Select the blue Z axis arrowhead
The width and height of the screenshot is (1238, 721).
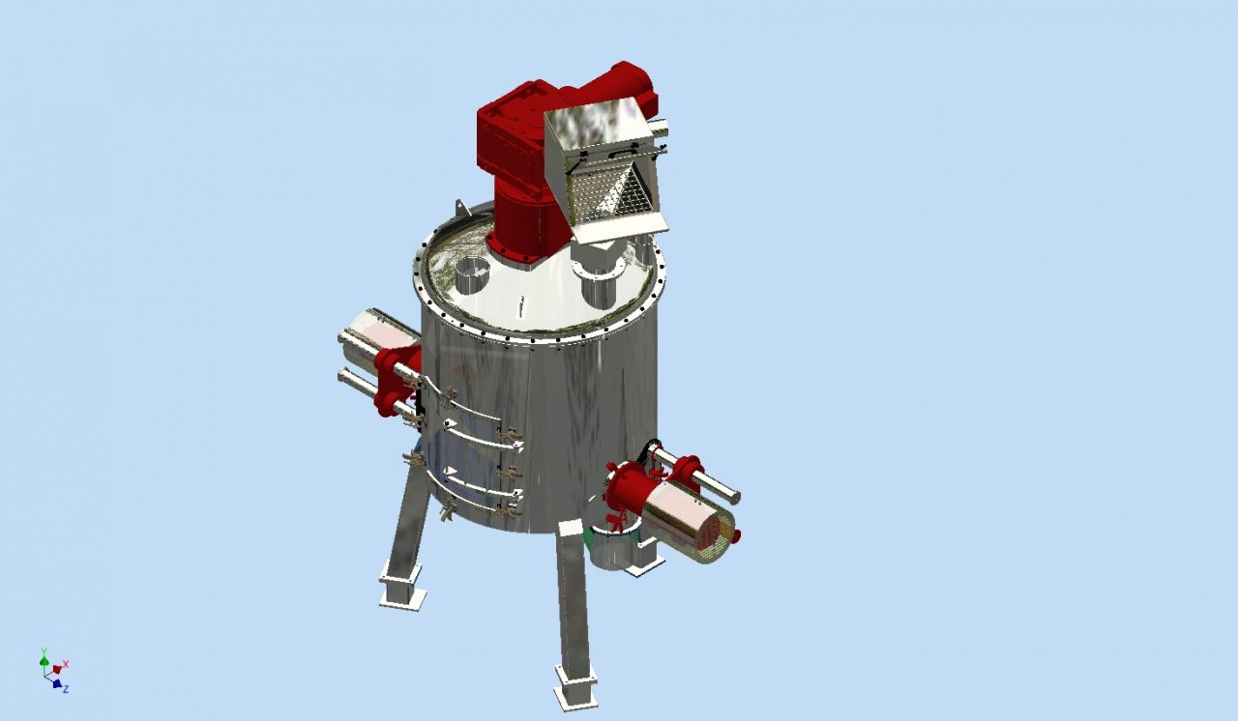tap(56, 683)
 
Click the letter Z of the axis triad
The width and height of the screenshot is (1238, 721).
tap(66, 689)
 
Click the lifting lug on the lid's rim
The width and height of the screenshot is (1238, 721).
tap(461, 209)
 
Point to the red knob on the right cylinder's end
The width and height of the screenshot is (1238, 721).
tap(735, 534)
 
